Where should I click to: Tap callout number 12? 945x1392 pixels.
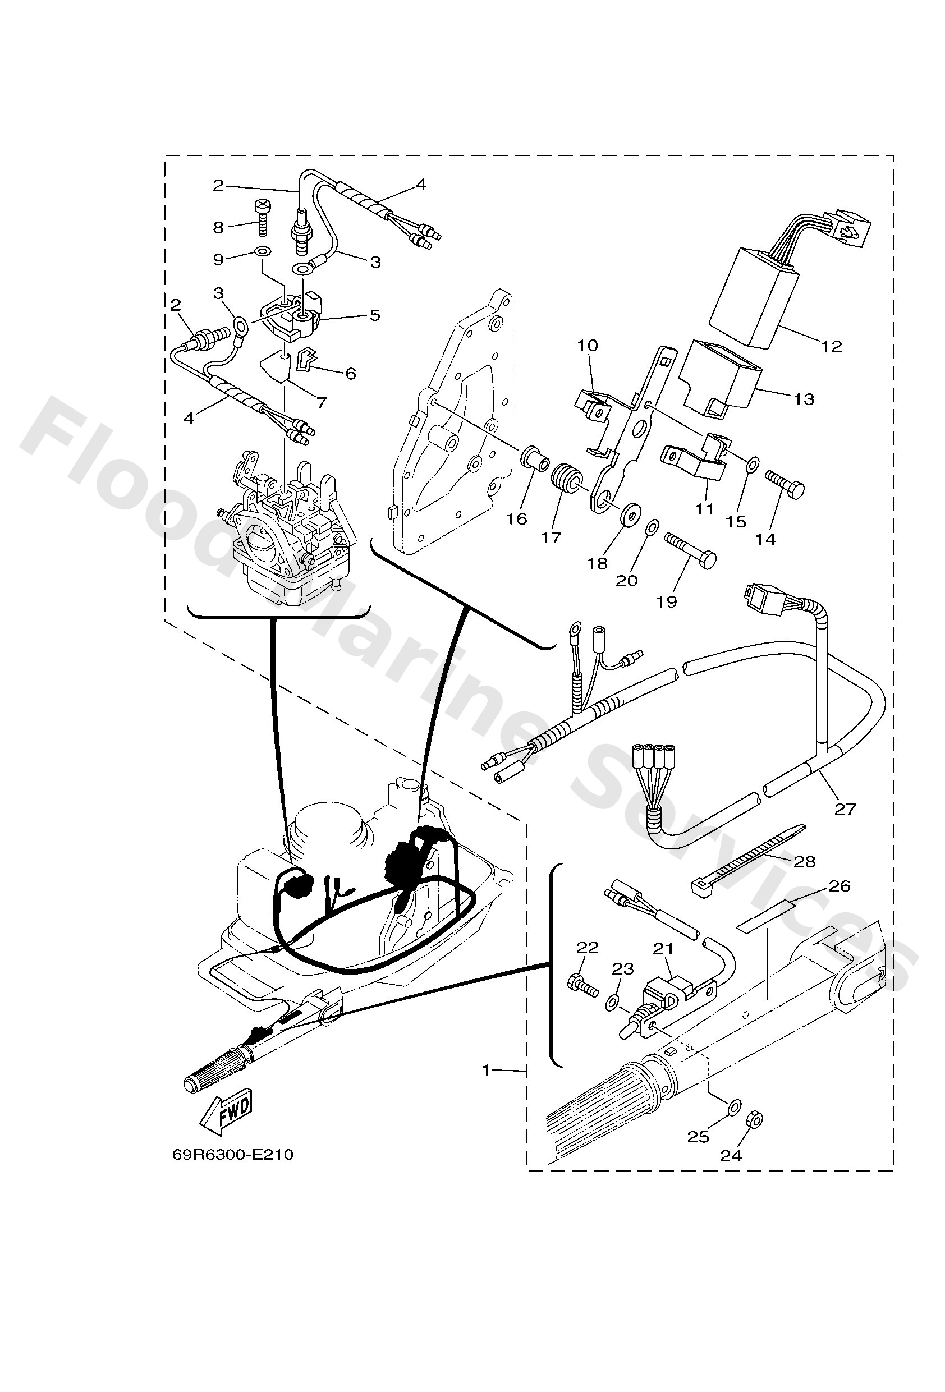click(x=832, y=346)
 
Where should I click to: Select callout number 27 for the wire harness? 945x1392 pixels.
click(x=845, y=808)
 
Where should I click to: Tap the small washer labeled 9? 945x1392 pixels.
click(x=262, y=250)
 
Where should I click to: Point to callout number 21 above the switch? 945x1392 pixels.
click(x=663, y=949)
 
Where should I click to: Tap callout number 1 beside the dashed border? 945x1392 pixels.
click(x=487, y=1069)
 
